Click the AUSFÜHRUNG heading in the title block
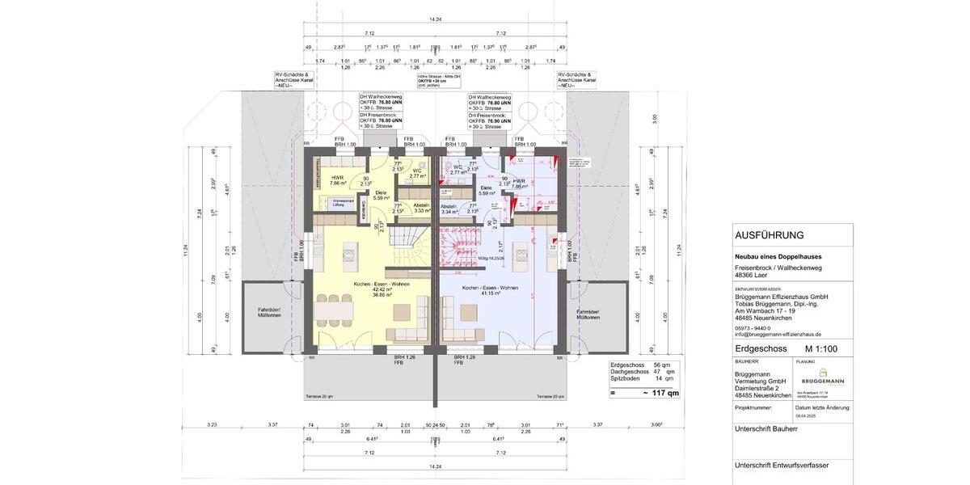click(769, 235)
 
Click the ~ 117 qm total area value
click(656, 393)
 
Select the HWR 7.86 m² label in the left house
click(337, 180)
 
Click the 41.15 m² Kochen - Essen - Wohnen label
click(490, 291)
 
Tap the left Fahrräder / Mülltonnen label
click(269, 314)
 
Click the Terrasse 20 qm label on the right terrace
click(549, 398)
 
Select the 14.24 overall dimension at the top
click(435, 18)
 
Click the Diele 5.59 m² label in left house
click(382, 195)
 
